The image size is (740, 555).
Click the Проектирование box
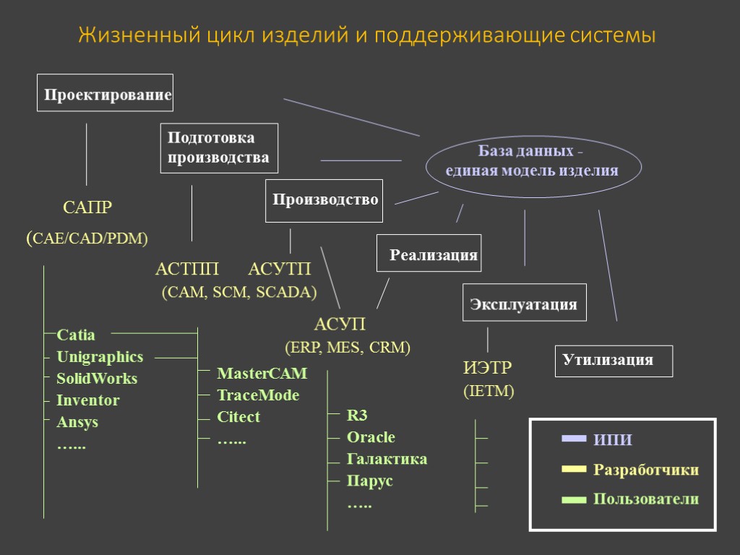[106, 93]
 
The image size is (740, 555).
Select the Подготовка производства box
[220, 148]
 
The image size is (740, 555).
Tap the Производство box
[324, 200]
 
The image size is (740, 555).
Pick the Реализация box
[429, 254]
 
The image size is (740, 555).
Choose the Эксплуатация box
[524, 303]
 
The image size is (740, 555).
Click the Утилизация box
[614, 361]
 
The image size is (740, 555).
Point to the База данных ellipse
[533, 163]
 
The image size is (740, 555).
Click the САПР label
[87, 208]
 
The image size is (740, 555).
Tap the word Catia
[76, 335]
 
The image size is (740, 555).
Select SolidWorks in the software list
[97, 379]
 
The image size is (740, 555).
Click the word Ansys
[77, 422]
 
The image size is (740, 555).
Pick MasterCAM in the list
[262, 374]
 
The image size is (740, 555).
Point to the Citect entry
[238, 417]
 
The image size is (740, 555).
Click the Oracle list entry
[371, 437]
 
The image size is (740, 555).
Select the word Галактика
[387, 459]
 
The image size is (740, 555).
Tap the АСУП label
[340, 324]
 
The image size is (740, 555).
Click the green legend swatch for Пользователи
[574, 499]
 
